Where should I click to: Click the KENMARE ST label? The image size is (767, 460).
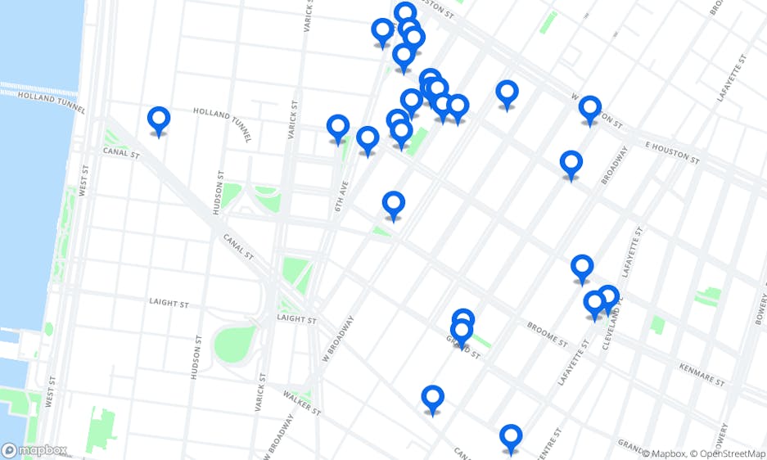click(x=702, y=375)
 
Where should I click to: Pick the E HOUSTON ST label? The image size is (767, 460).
click(x=672, y=151)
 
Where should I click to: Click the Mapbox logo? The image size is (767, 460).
click(x=34, y=449)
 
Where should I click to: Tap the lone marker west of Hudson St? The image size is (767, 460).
click(x=159, y=120)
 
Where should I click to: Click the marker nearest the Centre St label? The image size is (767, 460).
click(x=511, y=437)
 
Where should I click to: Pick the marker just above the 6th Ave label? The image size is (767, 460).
click(x=338, y=128)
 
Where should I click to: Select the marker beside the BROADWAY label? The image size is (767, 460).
click(x=571, y=164)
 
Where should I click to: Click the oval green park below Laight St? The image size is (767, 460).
click(x=235, y=344)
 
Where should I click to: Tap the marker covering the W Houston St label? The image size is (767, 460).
click(x=589, y=109)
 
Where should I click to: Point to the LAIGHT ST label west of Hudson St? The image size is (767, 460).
click(x=169, y=303)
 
